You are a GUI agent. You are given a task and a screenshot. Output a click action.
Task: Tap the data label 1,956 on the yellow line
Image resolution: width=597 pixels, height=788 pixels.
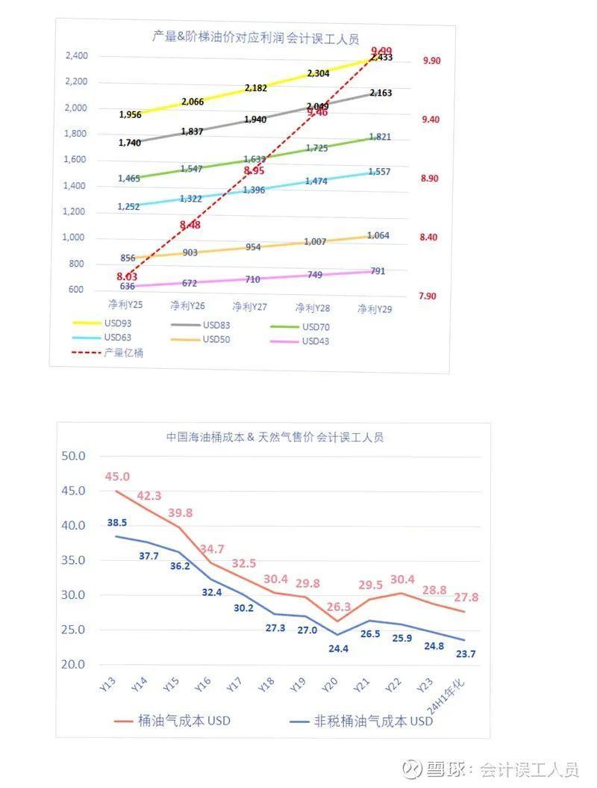(130, 115)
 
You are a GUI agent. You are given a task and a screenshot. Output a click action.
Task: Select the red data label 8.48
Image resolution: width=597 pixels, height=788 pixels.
(190, 225)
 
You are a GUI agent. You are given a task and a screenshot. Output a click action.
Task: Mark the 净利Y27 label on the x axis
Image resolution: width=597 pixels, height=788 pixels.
(249, 306)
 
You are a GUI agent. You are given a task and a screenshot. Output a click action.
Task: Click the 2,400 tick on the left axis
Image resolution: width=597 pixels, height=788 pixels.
(76, 56)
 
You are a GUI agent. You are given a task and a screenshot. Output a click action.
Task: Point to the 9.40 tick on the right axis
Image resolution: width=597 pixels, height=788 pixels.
(431, 120)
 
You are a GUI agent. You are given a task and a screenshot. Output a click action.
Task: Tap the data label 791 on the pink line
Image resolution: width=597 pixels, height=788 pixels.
(378, 271)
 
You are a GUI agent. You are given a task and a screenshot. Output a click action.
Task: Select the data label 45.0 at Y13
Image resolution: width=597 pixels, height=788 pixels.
(117, 477)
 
